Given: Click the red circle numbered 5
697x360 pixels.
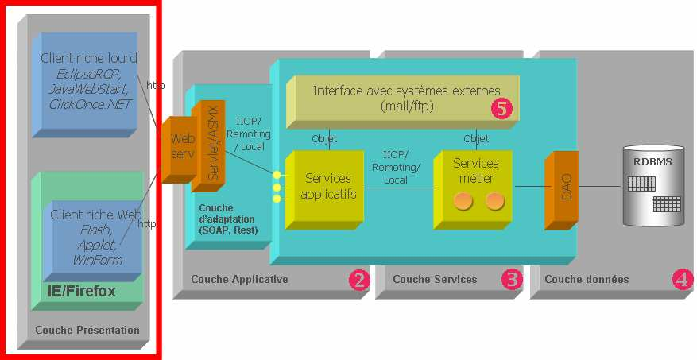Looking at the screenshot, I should (501, 109).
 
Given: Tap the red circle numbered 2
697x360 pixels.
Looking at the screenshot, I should (360, 280).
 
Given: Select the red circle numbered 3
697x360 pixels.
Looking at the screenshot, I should (512, 280).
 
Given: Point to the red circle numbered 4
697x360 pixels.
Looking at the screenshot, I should (682, 280).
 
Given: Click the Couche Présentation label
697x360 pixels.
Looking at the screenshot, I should (87, 330).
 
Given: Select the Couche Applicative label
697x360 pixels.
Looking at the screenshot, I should (239, 279).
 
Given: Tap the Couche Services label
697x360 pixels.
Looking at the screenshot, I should (435, 279).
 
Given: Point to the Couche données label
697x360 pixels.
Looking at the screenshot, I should (587, 279).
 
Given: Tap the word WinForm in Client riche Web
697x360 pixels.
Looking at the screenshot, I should (97, 260).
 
